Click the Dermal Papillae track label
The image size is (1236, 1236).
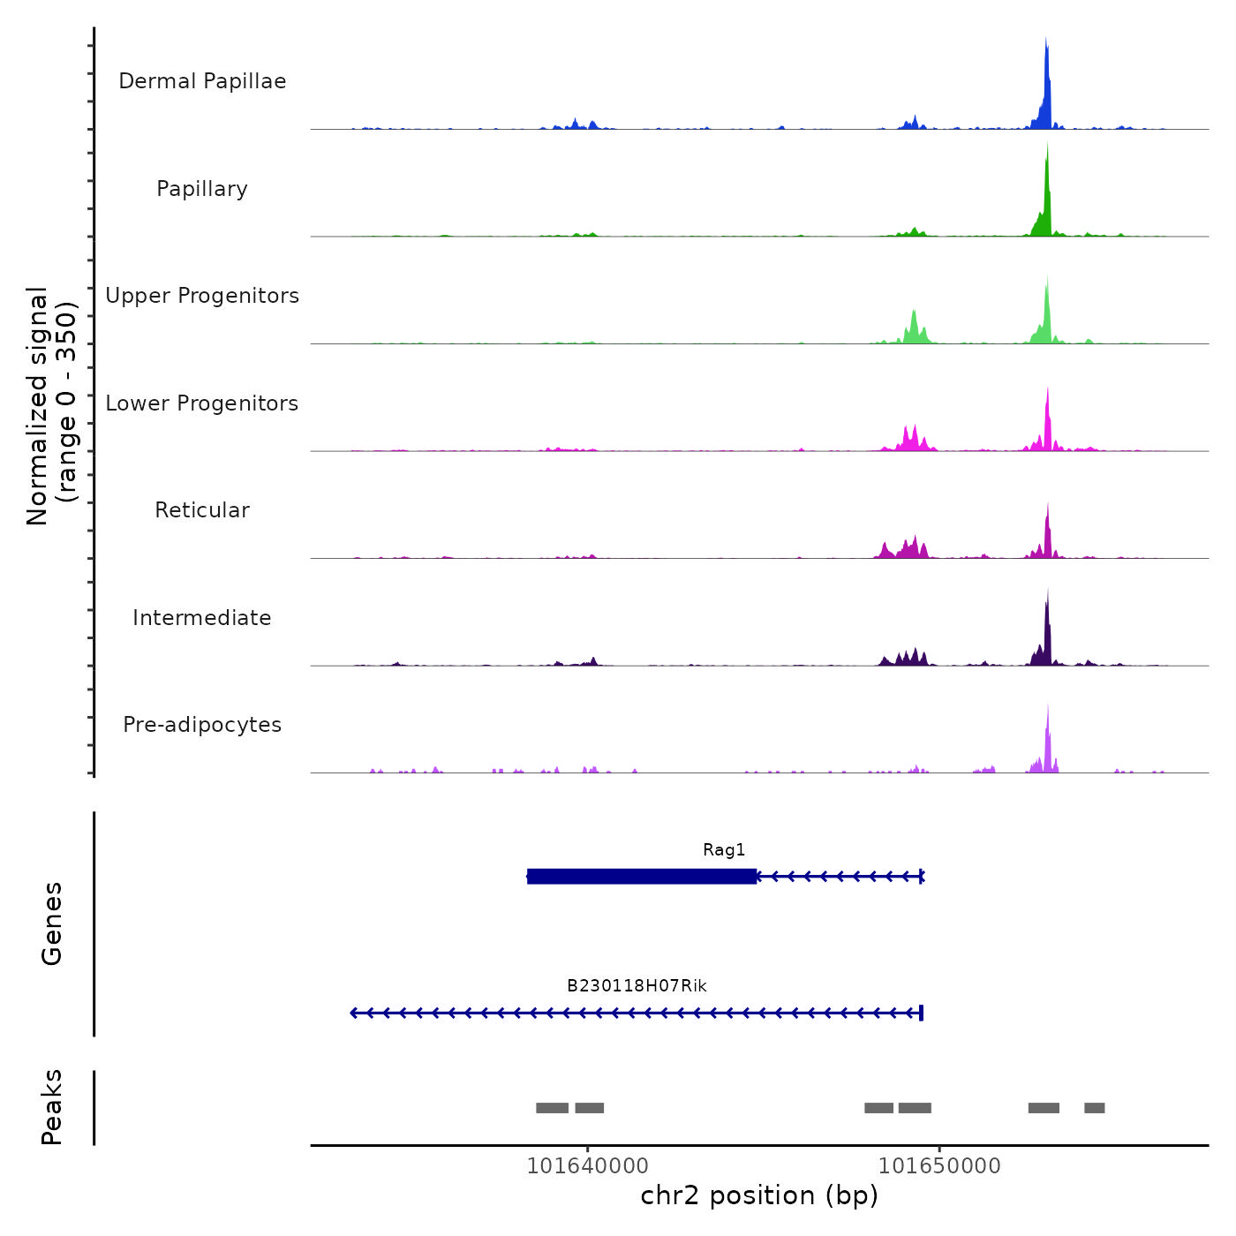click(x=202, y=81)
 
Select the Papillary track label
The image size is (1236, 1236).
click(x=202, y=189)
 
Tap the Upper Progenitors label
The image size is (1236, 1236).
click(x=202, y=296)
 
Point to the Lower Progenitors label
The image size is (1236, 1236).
click(x=202, y=403)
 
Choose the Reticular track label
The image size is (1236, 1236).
click(x=202, y=510)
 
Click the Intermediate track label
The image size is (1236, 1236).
click(x=202, y=618)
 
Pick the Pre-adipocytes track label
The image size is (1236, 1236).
click(x=202, y=725)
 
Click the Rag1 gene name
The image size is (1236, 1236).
click(x=724, y=850)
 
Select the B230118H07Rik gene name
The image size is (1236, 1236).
click(x=637, y=986)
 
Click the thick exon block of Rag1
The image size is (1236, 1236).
click(x=642, y=877)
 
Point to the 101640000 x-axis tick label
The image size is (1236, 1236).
click(x=587, y=1166)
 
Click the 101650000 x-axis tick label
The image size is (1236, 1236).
click(x=939, y=1166)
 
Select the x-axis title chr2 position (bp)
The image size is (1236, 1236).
click(x=759, y=1196)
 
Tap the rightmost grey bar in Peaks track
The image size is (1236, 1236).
click(x=1095, y=1108)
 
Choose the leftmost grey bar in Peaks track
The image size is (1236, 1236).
click(x=552, y=1108)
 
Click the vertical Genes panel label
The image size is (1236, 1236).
click(x=52, y=923)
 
